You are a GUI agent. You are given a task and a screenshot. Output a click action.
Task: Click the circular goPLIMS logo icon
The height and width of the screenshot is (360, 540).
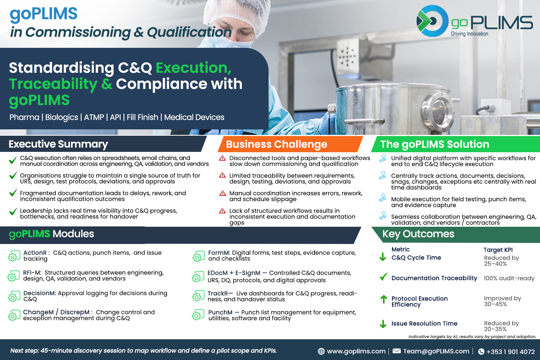point(432,21)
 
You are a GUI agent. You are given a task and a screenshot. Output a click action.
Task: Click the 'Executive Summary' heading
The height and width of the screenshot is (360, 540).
point(58,144)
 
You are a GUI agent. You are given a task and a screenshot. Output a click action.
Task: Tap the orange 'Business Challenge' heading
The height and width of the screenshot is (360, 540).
point(277,144)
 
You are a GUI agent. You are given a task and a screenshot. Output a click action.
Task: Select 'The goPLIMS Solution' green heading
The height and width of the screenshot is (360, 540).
point(435,144)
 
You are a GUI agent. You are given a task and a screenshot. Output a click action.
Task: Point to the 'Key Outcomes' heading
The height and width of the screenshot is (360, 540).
point(418,234)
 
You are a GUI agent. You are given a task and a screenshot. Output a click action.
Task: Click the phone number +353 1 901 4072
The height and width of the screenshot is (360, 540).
point(510,352)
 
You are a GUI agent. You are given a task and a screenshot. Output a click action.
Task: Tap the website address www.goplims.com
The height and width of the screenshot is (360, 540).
point(356,351)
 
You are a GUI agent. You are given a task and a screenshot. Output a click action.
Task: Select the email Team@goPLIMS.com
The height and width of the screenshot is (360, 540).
point(436,351)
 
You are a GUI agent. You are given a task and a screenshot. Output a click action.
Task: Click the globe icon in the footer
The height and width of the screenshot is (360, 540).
point(321,351)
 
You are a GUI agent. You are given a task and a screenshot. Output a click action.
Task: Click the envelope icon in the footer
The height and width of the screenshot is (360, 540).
point(397,351)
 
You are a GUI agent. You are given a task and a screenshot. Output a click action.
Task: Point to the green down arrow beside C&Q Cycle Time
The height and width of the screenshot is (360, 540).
point(383,257)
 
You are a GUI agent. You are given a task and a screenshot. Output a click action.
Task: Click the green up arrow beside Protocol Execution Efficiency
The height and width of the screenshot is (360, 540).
point(384,300)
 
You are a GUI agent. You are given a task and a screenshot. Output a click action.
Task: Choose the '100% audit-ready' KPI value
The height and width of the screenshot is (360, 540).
point(509,278)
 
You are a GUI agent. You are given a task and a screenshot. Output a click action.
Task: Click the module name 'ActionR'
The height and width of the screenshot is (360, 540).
point(35,253)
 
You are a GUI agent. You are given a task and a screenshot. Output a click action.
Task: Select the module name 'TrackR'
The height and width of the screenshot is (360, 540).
point(218,294)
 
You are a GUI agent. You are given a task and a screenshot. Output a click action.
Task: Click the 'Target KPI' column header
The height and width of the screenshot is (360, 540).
point(498,250)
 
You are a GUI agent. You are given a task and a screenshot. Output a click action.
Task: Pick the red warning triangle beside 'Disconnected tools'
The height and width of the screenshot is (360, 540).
point(222,158)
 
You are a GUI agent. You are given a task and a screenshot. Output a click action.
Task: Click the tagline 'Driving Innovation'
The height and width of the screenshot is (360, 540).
point(470,34)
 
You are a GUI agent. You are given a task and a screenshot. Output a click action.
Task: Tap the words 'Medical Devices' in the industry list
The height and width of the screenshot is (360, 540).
point(194,117)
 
